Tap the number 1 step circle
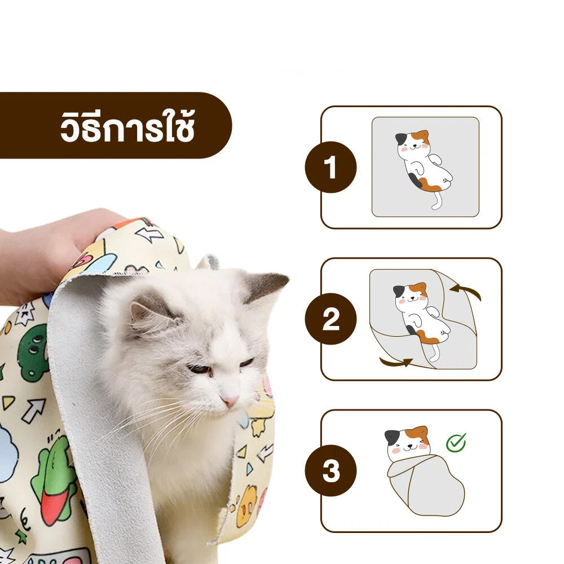(331, 168)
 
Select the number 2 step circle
(331, 319)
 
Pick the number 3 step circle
(331, 470)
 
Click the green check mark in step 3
(456, 442)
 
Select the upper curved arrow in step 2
(466, 290)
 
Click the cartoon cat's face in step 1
(413, 144)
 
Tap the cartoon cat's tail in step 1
(436, 200)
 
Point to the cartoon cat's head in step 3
(407, 442)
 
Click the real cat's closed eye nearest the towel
(199, 369)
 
